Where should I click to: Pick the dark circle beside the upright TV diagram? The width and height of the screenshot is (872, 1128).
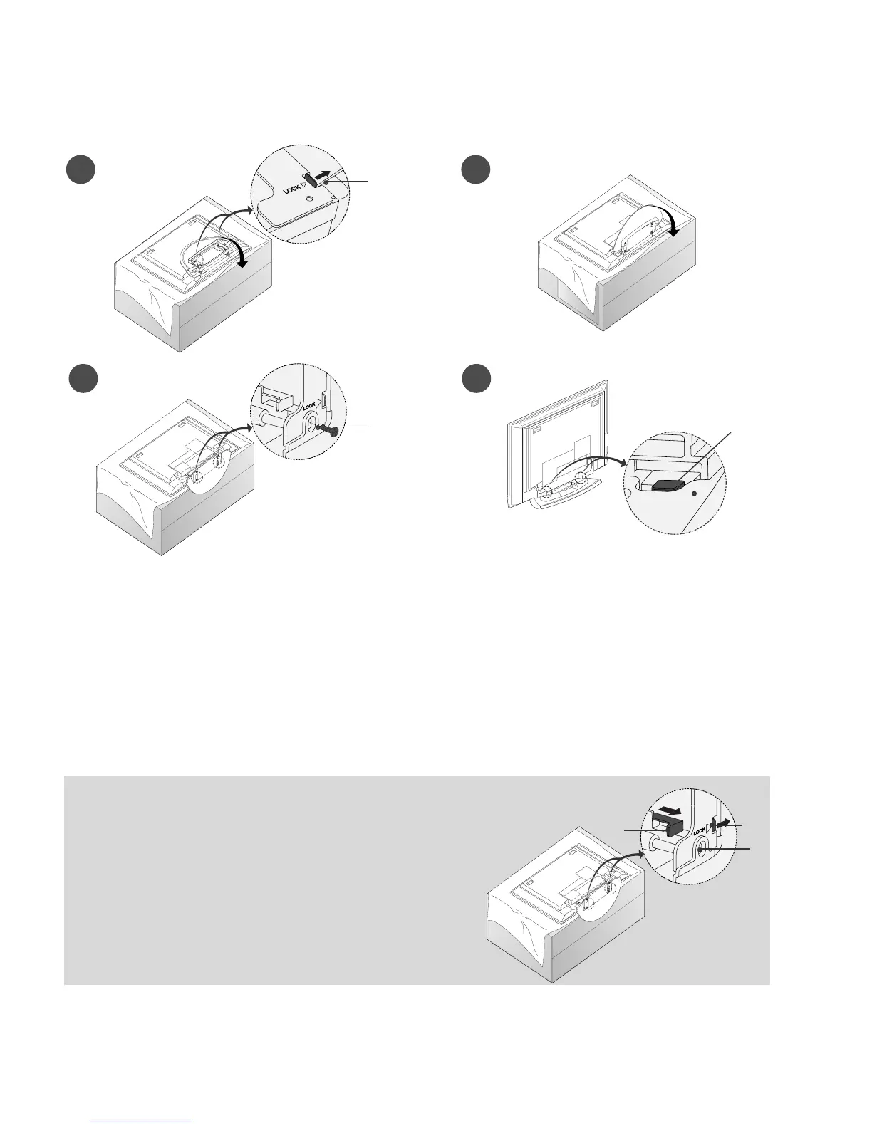coord(475,379)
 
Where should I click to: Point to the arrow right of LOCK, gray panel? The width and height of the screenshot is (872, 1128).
coord(723,822)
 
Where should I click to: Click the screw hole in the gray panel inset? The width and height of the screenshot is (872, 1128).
coord(702,848)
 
